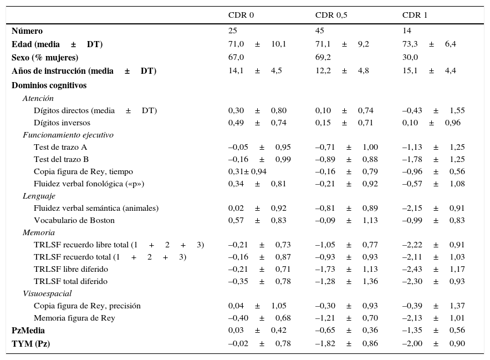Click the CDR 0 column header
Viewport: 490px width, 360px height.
click(241, 15)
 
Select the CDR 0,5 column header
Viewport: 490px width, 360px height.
click(331, 15)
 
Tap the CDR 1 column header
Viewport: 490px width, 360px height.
click(415, 15)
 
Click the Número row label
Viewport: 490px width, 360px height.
click(27, 31)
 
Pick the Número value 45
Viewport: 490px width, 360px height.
click(320, 31)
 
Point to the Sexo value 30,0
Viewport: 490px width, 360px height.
click(410, 57)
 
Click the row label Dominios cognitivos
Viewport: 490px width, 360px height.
click(49, 85)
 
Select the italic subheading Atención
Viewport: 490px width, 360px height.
click(38, 98)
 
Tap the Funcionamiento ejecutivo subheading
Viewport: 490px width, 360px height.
click(68, 135)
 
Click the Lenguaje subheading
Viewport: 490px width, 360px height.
click(39, 196)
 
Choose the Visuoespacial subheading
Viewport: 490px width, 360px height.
click(47, 293)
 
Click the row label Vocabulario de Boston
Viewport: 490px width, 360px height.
click(74, 220)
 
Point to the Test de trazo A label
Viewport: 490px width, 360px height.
click(60, 147)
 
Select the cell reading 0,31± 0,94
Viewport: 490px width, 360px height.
click(247, 171)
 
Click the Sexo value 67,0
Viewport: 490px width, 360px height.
click(236, 57)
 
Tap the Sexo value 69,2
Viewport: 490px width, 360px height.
click(323, 57)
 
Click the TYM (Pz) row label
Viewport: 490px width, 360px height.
click(30, 343)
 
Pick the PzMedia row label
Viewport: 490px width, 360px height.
click(28, 331)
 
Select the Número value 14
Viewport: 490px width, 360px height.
click(407, 31)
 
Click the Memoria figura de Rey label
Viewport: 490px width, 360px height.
click(74, 318)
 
